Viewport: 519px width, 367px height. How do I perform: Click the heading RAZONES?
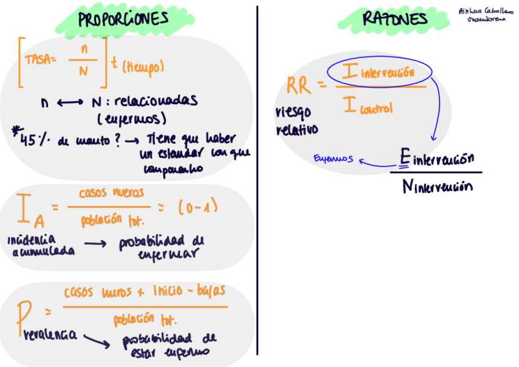395,20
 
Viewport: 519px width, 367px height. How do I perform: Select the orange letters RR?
299,86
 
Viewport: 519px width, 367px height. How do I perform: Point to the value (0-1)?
198,208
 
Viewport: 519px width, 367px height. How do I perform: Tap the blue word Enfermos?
334,158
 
